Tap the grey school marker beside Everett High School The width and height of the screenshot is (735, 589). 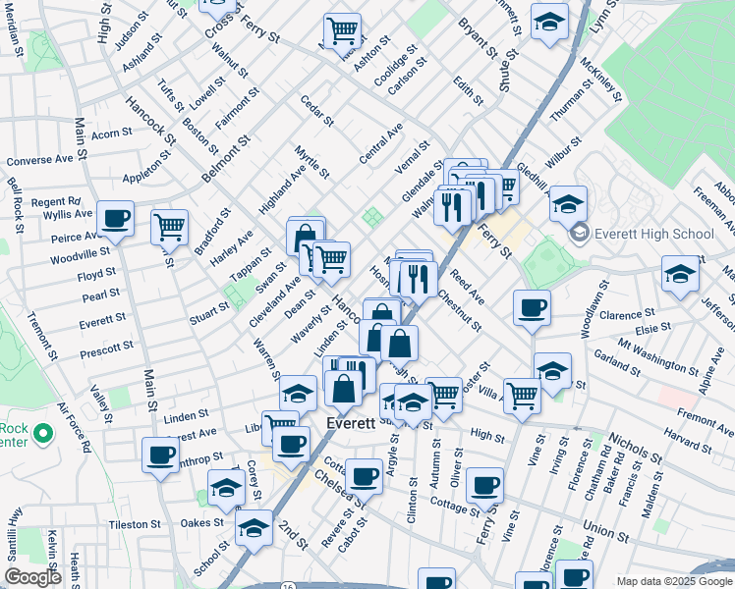[579, 234]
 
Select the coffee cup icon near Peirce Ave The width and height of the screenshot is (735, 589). [115, 218]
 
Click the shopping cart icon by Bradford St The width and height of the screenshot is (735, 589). [170, 227]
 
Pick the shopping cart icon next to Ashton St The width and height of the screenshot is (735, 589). [341, 29]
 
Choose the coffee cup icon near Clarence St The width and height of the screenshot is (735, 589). [532, 307]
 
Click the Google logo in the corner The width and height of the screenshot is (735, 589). [32, 577]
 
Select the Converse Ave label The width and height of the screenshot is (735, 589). [40, 160]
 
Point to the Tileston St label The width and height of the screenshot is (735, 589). [134, 525]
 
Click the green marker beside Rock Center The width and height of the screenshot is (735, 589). [42, 433]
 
